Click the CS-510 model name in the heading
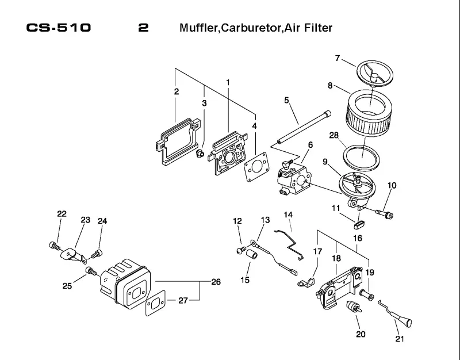pyautogui.click(x=59, y=28)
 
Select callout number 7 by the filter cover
pyautogui.click(x=338, y=58)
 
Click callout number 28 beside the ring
pyautogui.click(x=334, y=135)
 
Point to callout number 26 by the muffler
pyautogui.click(x=216, y=282)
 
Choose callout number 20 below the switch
pyautogui.click(x=361, y=334)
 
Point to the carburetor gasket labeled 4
pyautogui.click(x=256, y=166)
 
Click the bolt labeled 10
pyautogui.click(x=385, y=213)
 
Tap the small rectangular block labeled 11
pyautogui.click(x=357, y=225)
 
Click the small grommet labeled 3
pyautogui.click(x=200, y=153)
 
